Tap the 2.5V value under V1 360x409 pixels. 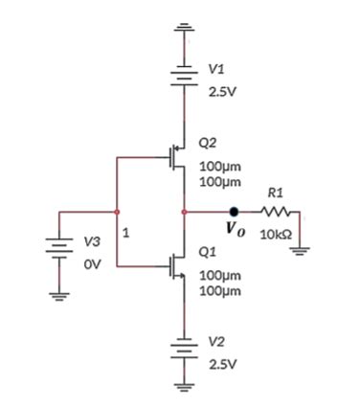[x=223, y=94]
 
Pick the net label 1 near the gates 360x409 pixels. [x=125, y=232]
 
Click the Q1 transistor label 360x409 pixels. [x=206, y=252]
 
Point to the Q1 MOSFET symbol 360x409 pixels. [x=173, y=263]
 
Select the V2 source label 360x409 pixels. [x=217, y=342]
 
